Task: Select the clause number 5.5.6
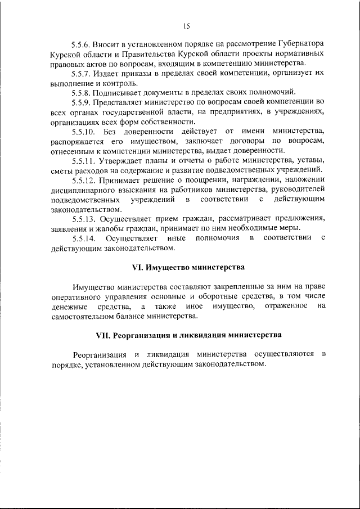(82, 43)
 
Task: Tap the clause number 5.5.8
(82, 92)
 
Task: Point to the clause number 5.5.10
(83, 131)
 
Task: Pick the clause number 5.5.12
(84, 180)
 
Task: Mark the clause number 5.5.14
(84, 238)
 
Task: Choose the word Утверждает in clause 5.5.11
(127, 160)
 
